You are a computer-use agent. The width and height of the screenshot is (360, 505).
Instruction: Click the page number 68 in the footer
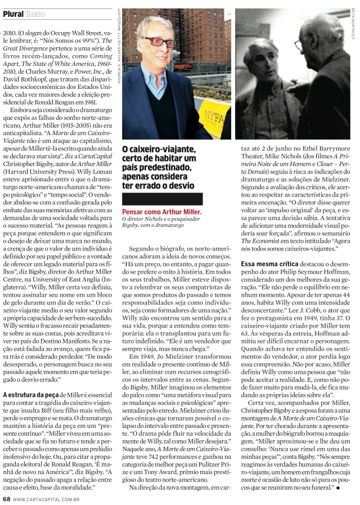(x=6, y=499)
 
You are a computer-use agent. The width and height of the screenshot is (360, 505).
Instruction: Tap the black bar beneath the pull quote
(x=161, y=199)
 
